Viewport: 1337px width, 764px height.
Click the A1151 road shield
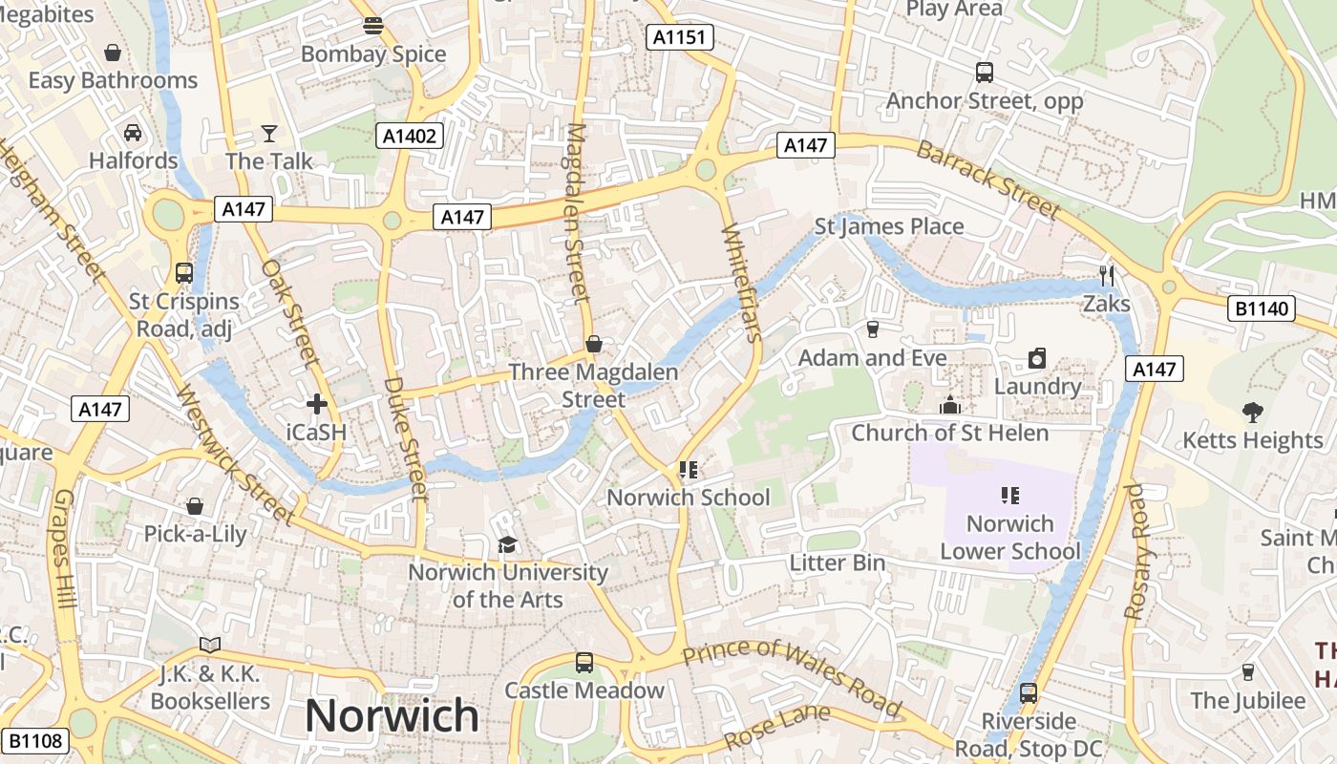tap(679, 37)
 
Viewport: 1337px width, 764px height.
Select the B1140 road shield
tap(1261, 308)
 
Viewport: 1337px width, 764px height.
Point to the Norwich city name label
tap(392, 715)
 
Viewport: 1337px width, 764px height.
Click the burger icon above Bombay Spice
tap(373, 26)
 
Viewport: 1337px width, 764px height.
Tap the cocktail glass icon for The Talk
tap(269, 134)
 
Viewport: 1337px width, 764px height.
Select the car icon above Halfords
tap(133, 133)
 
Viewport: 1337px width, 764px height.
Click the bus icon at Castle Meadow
tap(584, 662)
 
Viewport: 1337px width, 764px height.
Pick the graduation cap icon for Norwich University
tap(507, 544)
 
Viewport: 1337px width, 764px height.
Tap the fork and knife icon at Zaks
tap(1107, 276)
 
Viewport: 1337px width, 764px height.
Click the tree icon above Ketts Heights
tap(1252, 412)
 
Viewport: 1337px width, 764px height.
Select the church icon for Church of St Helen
tap(949, 405)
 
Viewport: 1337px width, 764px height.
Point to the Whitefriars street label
tap(743, 283)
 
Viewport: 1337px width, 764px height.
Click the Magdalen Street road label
tap(576, 212)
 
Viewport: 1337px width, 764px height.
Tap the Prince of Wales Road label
tap(793, 676)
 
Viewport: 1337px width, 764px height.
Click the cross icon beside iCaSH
tap(317, 404)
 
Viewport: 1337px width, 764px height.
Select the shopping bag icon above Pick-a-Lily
tap(195, 505)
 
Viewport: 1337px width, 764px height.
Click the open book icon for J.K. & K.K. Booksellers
tap(209, 646)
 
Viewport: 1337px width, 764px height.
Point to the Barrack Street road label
tap(988, 180)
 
